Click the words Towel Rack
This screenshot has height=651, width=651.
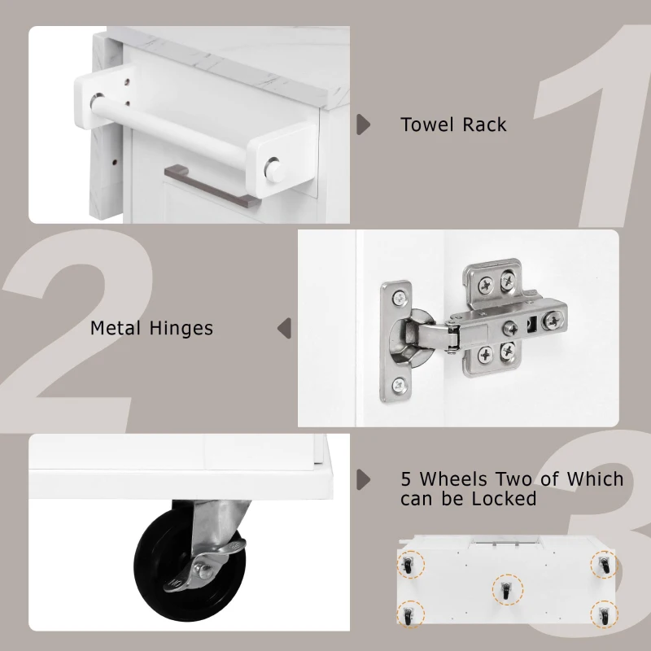click(453, 125)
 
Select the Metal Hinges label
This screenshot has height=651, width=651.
click(151, 328)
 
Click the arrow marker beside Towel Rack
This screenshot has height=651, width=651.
click(363, 125)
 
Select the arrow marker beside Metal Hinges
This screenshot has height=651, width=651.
click(284, 329)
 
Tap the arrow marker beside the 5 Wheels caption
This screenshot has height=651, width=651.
click(363, 479)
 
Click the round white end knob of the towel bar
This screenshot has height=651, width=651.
click(276, 169)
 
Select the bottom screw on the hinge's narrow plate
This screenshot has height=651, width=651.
click(400, 386)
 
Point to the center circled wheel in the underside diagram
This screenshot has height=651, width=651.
click(506, 590)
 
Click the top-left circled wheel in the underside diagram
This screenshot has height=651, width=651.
click(410, 565)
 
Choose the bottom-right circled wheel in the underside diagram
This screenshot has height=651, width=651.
click(604, 614)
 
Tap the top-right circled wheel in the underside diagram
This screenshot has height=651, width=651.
click(604, 565)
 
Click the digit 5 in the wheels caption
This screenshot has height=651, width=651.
click(405, 479)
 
